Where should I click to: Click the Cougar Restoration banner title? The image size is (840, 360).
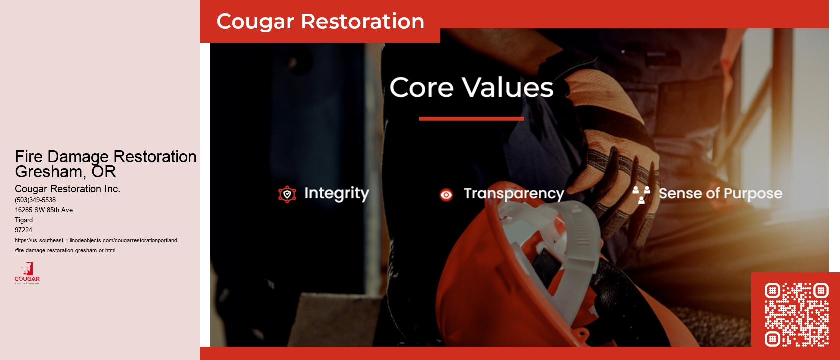click(320, 22)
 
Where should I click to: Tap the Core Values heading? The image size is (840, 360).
click(471, 88)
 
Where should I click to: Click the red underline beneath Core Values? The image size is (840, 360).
click(471, 119)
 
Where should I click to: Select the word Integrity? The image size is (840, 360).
click(336, 193)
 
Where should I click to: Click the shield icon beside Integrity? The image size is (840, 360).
click(287, 194)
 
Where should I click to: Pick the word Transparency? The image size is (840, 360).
click(514, 194)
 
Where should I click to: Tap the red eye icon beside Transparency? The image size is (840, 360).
click(446, 195)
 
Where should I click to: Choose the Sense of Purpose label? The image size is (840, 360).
click(720, 194)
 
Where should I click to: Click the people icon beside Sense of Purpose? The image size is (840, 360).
click(641, 194)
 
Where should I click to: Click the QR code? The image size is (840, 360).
click(796, 314)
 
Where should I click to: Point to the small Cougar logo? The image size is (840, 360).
click(27, 273)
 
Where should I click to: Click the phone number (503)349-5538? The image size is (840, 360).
click(35, 200)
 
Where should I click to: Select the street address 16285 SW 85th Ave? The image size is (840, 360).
click(44, 210)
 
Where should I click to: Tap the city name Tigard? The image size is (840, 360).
click(24, 220)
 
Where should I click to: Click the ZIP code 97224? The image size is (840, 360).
click(23, 230)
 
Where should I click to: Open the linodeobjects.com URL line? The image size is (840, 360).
click(96, 240)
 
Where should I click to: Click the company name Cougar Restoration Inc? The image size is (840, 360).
click(67, 189)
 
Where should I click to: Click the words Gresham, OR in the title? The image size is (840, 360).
click(65, 172)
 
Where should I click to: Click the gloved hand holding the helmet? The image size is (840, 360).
click(615, 150)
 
